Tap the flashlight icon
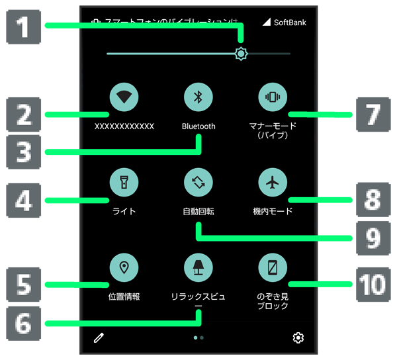click(x=124, y=183)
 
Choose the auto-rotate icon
click(x=198, y=183)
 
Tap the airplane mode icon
click(x=272, y=183)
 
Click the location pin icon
click(x=124, y=268)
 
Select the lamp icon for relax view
click(x=198, y=268)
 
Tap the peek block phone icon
click(x=272, y=268)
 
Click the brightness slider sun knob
click(x=242, y=54)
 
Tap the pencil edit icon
click(x=99, y=338)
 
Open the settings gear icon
click(x=298, y=338)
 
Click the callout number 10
click(x=372, y=285)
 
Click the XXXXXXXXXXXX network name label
click(x=124, y=126)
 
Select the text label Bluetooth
click(x=198, y=126)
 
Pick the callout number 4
click(x=24, y=200)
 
